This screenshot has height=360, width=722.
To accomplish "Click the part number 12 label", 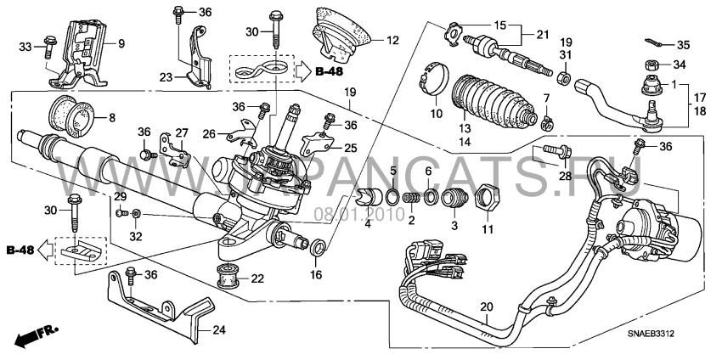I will coord(392,39).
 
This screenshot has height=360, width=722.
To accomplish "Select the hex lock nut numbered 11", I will coord(487,200).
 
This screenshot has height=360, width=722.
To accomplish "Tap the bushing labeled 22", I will coord(226,277).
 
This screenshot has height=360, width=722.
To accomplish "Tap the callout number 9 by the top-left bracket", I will coord(121,43).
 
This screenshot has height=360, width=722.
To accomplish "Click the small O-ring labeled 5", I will coord(392,199).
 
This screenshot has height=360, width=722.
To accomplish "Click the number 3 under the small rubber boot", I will coord(453,226).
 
